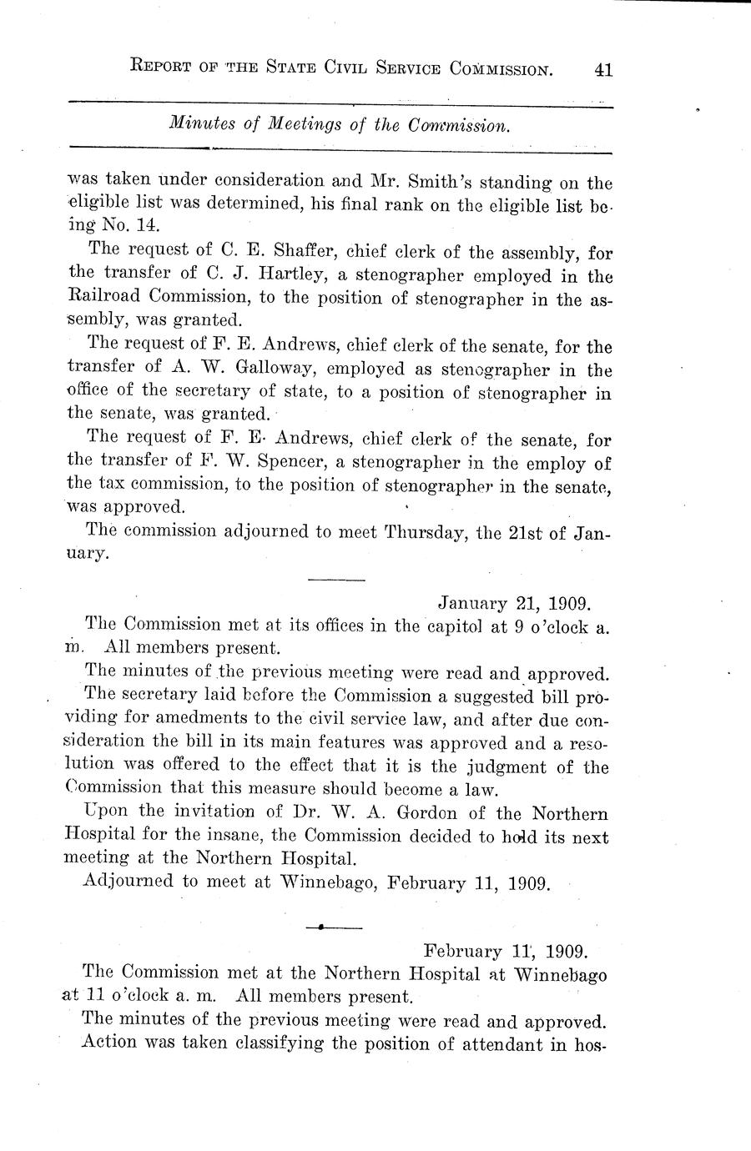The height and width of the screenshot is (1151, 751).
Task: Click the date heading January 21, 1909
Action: click(x=516, y=602)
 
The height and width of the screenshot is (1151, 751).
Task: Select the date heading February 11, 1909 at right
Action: click(x=507, y=950)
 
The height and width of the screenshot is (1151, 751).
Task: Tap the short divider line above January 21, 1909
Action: click(x=336, y=580)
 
